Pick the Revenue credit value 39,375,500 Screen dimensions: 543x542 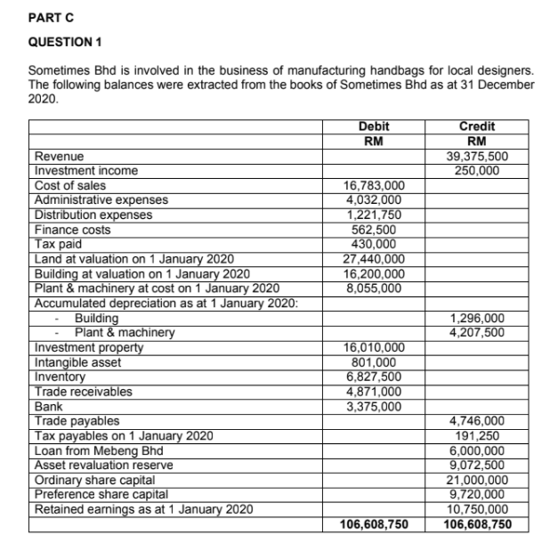coord(480,157)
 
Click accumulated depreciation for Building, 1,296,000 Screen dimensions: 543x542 coord(480,318)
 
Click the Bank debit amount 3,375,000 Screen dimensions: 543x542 coord(373,406)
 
